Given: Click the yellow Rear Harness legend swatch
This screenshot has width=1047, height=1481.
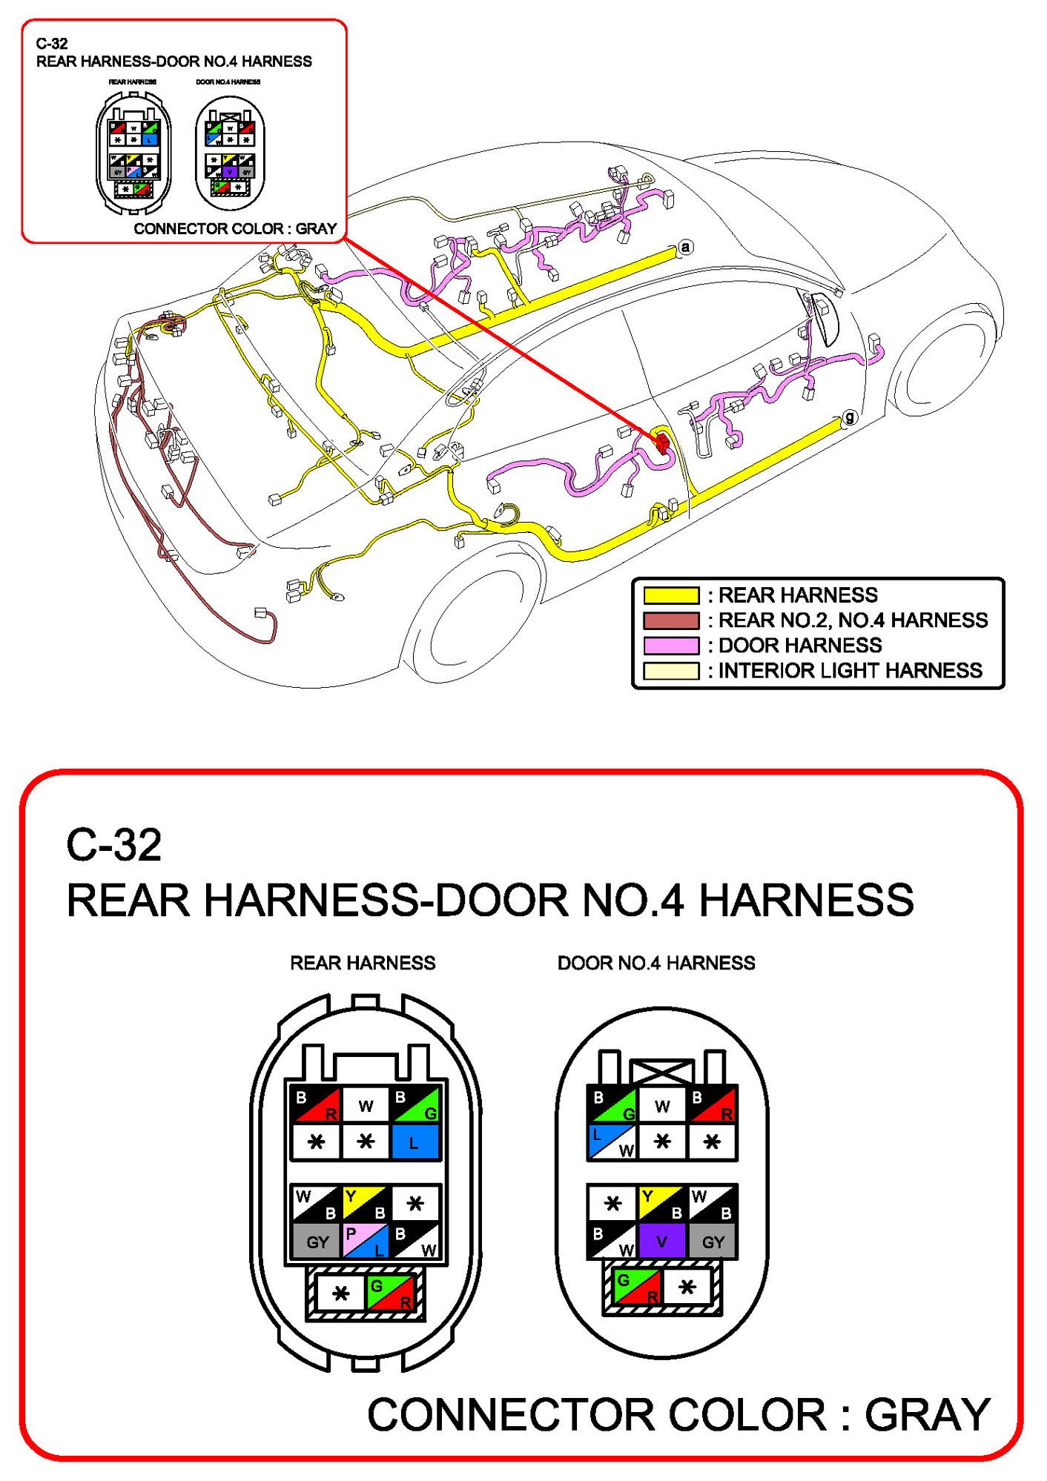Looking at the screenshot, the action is point(671,595).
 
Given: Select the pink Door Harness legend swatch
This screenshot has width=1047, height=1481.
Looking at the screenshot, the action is point(671,645).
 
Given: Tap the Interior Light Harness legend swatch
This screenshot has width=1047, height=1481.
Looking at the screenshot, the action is point(671,671).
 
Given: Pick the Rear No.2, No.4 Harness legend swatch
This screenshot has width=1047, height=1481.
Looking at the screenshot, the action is point(671,620).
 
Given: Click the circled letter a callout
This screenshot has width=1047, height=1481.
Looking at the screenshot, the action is point(686,247).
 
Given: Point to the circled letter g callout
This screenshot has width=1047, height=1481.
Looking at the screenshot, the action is point(850,417).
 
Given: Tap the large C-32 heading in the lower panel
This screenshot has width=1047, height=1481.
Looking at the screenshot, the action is point(113,845).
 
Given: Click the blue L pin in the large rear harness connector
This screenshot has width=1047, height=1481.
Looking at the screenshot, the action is point(414,1142).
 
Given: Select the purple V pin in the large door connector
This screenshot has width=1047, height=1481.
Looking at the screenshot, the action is point(662,1241).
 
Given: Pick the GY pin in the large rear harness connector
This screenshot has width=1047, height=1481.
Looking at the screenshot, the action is point(317,1242).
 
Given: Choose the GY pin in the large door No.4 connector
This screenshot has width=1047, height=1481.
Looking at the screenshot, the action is point(713,1242).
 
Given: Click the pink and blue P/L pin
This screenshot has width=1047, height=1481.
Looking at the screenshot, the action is point(366,1241).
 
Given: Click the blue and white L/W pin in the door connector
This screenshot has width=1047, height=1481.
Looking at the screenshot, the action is point(612,1142).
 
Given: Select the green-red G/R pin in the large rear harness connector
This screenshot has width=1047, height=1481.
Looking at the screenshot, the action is point(392,1293).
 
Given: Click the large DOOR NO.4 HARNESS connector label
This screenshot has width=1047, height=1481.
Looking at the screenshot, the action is point(656,963).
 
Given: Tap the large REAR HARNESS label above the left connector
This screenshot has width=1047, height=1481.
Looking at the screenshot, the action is point(363,963).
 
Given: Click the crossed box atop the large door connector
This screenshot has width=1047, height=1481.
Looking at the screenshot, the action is point(662,1071).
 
